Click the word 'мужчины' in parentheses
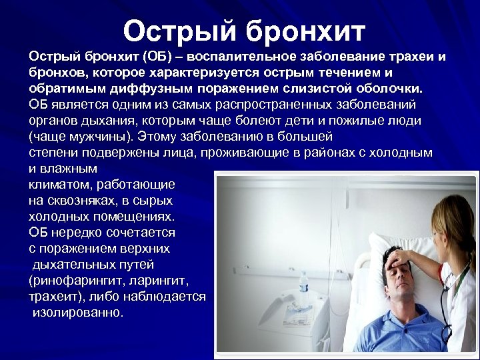pos(97,137)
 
